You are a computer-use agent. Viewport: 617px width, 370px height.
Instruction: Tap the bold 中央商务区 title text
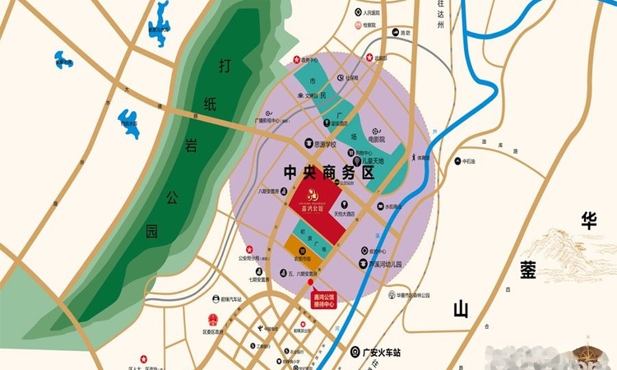(328, 173)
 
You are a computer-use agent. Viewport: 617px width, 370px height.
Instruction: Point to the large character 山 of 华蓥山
(461, 309)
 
